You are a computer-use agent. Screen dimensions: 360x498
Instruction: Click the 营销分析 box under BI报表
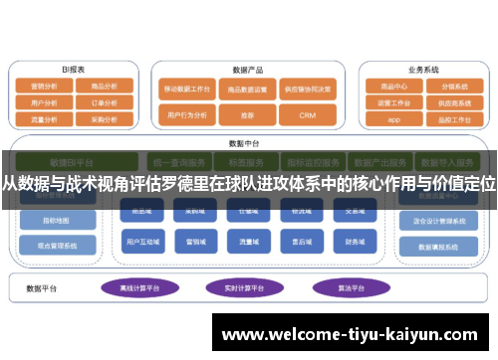pos(46,87)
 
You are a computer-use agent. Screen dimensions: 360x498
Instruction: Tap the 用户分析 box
pos(46,101)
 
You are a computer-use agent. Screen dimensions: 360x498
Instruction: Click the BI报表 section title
pos(74,70)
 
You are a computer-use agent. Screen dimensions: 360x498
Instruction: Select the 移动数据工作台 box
pos(188,88)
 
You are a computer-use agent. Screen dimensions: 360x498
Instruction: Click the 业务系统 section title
pos(422,70)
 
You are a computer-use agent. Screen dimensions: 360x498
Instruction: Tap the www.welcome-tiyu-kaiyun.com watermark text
pos(353,334)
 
